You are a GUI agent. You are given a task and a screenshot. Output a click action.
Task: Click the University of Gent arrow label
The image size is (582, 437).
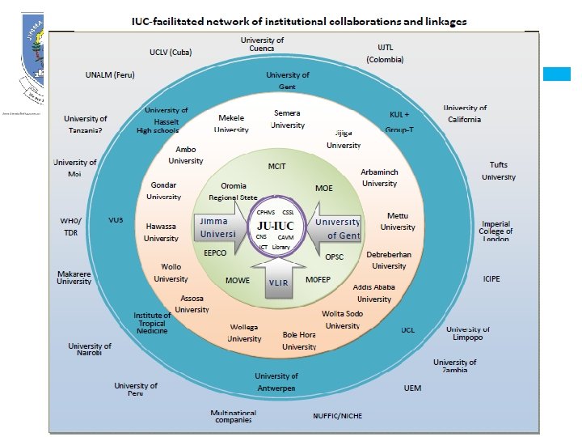339,228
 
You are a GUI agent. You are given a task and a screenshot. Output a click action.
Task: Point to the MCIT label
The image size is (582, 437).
277,167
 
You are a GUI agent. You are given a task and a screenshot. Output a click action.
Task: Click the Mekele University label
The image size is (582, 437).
232,123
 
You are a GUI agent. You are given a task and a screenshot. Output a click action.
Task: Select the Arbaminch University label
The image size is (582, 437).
379,178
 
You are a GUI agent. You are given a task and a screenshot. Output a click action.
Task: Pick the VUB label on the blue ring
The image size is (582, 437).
116,220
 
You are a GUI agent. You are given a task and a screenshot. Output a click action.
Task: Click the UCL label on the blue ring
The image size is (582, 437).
408,330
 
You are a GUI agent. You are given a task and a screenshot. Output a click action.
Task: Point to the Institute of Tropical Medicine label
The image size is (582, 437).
152,323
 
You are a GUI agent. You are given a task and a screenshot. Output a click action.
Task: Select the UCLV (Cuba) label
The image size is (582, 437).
175,51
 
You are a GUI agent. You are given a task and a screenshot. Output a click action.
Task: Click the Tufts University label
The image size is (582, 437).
498,171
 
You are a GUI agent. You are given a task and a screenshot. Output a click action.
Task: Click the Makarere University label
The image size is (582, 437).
74,278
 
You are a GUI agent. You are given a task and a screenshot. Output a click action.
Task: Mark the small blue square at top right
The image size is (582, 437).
557,74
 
